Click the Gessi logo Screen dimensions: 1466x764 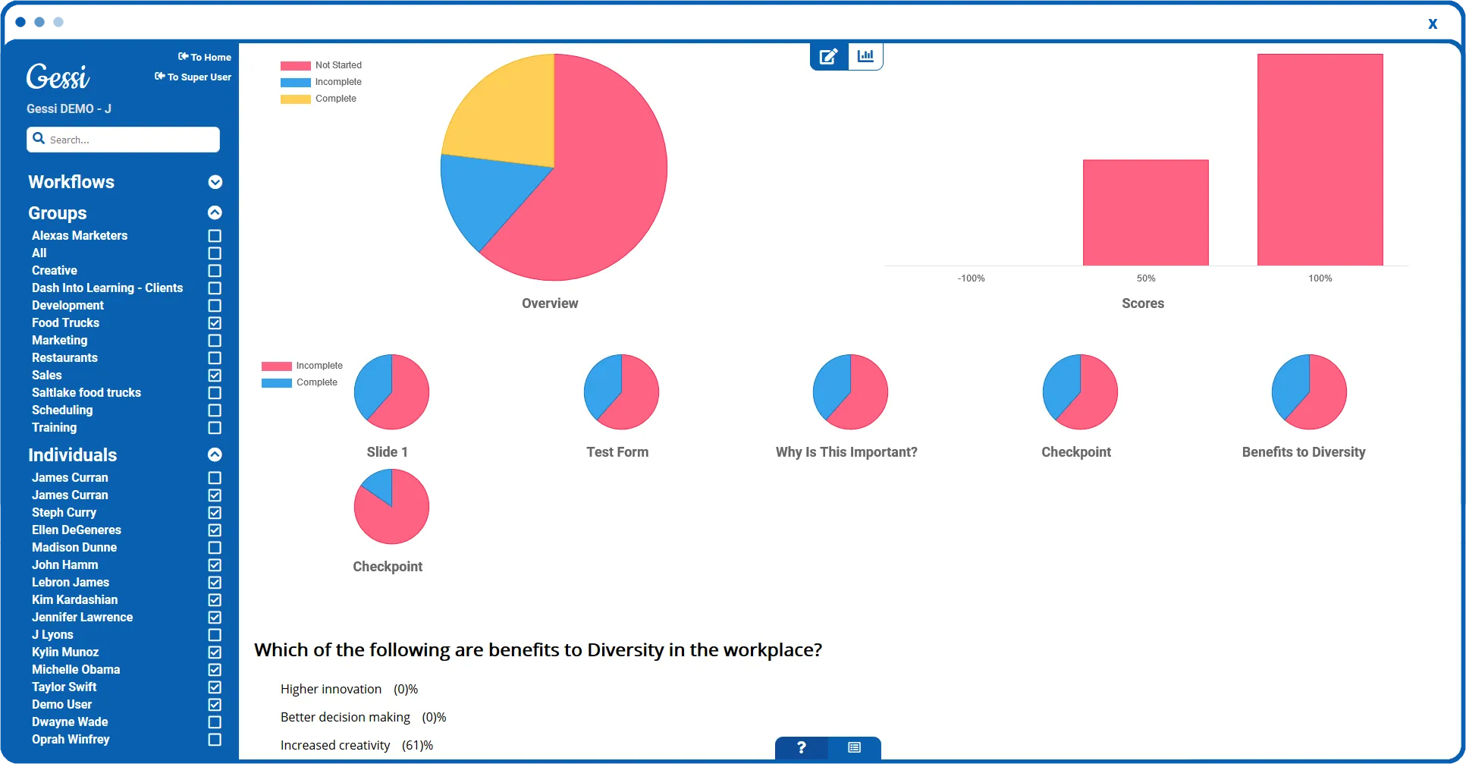coord(58,77)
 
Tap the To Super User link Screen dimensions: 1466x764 coord(193,77)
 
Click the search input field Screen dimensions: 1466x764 coord(123,140)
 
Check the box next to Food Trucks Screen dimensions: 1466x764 coord(215,323)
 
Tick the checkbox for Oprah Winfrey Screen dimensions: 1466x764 coord(215,740)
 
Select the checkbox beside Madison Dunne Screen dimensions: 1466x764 coord(215,548)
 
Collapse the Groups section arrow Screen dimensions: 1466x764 coord(215,212)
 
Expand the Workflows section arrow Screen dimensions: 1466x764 coord(215,182)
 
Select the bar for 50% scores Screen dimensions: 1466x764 coord(1145,212)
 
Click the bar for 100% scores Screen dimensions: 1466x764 coord(1320,159)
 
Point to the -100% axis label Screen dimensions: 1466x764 coord(971,278)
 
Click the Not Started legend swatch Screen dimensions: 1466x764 coord(296,66)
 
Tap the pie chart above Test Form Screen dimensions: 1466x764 coord(621,391)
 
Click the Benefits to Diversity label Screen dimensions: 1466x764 coord(1304,452)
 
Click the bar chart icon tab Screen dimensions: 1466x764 coord(865,55)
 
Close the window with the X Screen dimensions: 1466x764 coord(1433,24)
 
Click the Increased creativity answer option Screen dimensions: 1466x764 coord(335,745)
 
